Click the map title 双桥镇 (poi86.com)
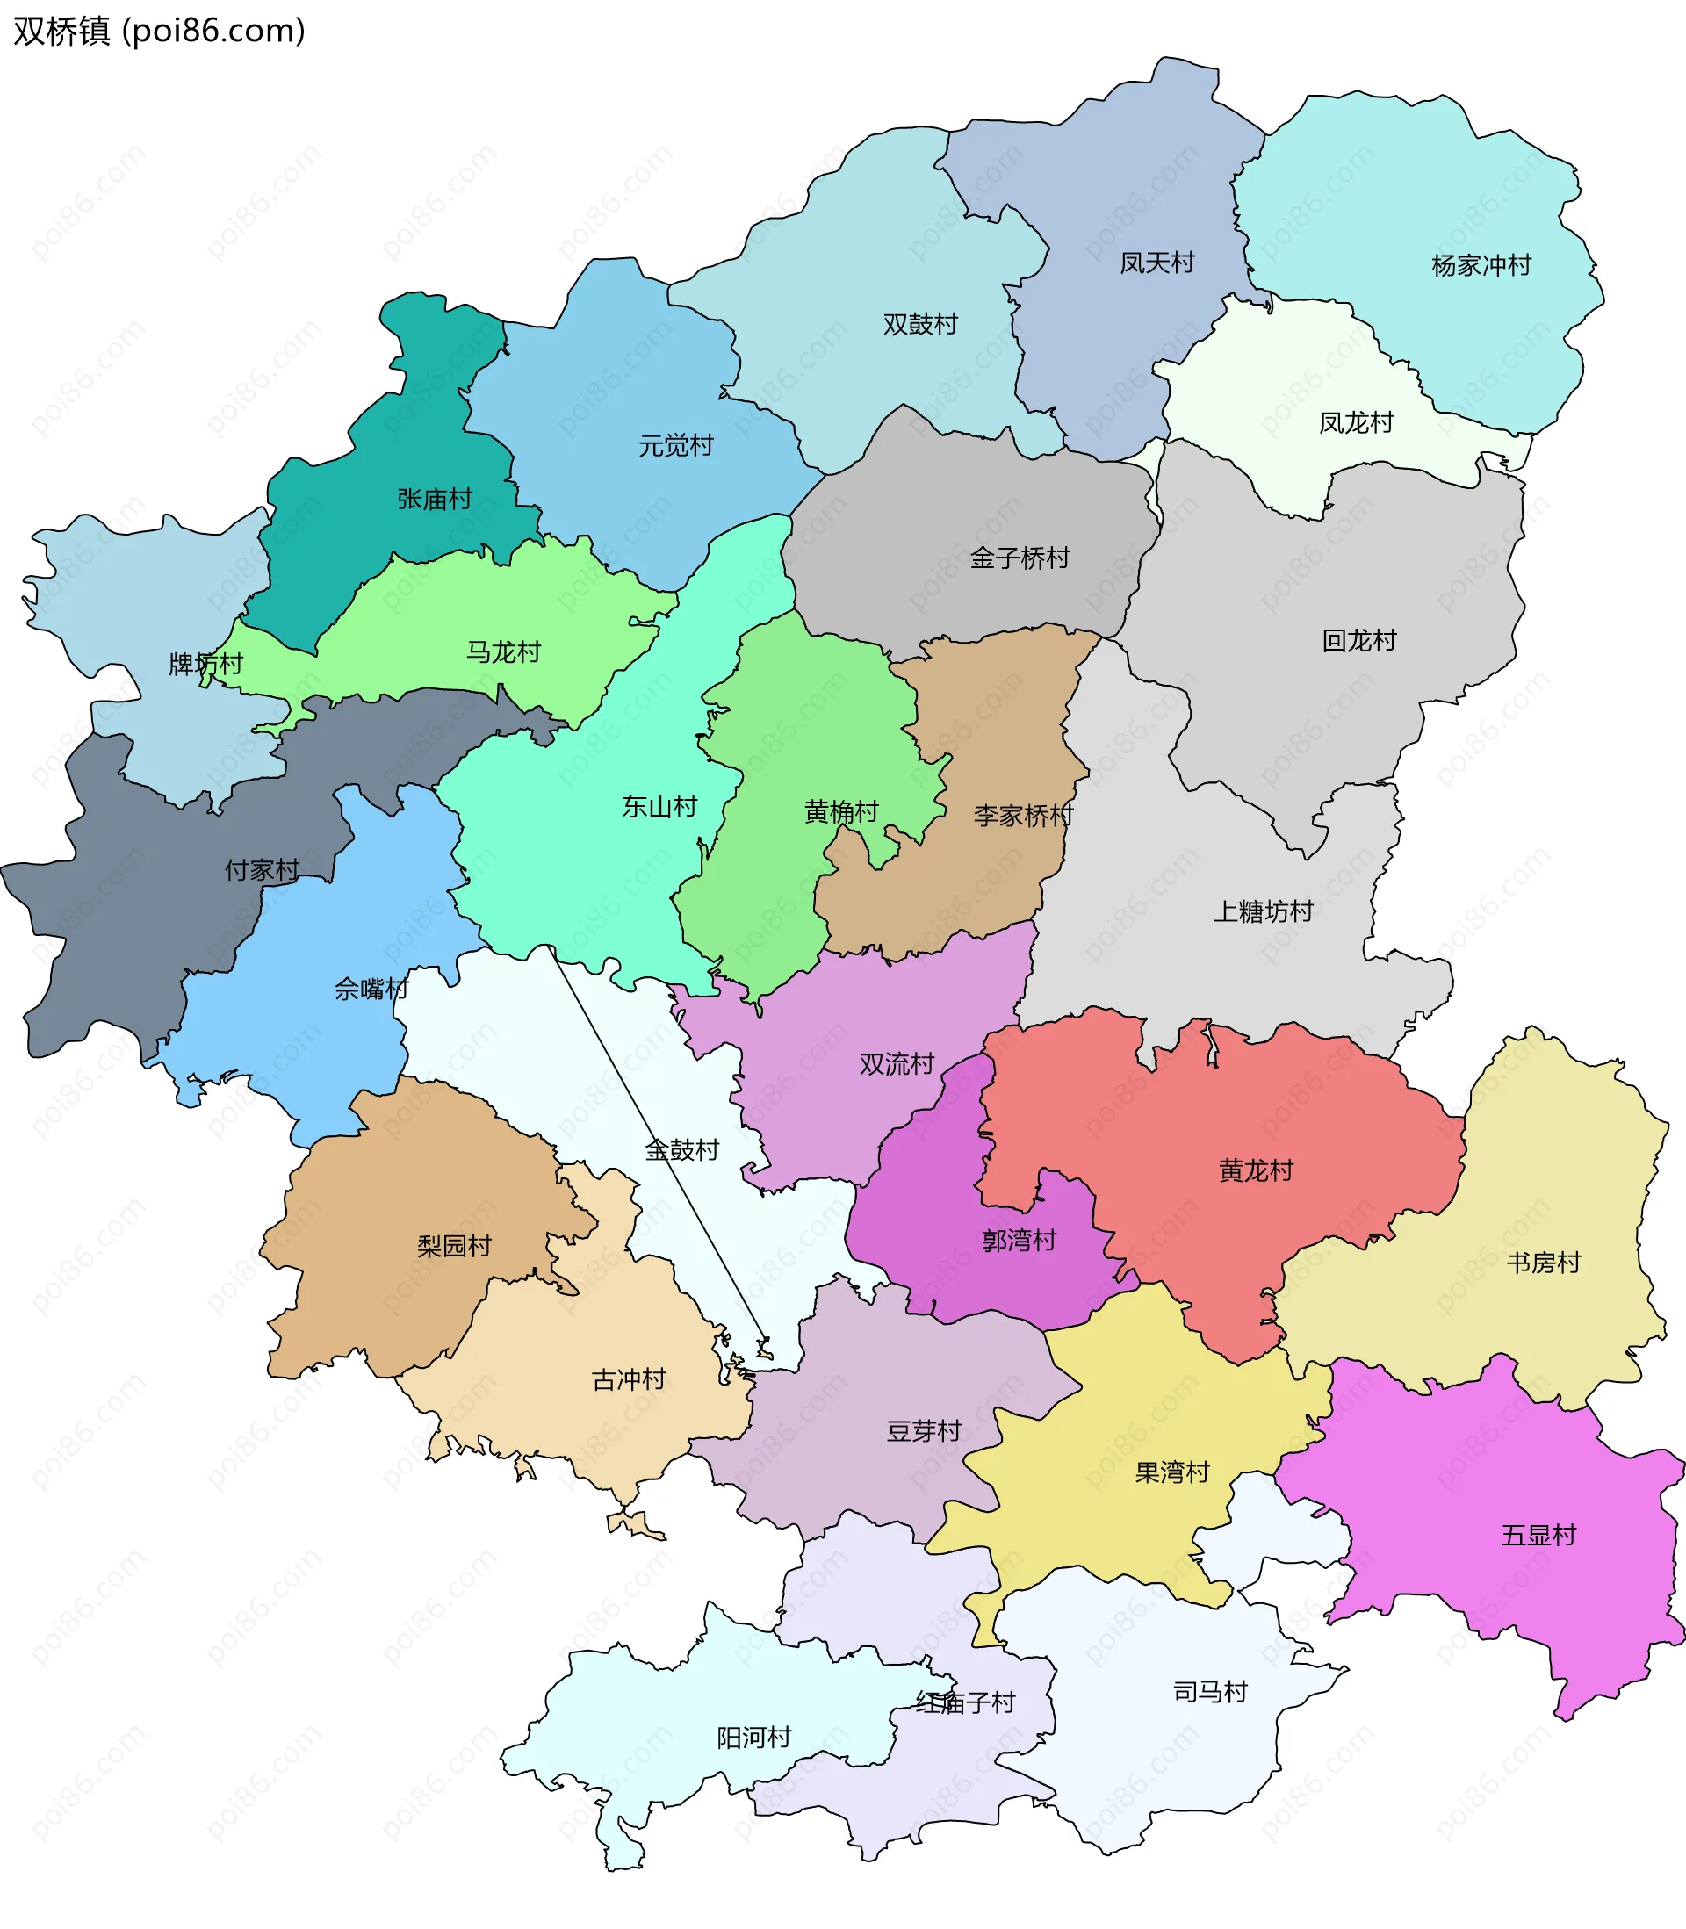click(x=158, y=31)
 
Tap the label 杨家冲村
click(x=1481, y=265)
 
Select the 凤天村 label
click(x=1156, y=263)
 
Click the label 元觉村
click(x=675, y=445)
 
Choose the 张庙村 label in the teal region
click(x=434, y=499)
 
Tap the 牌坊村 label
click(x=205, y=664)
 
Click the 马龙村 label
click(x=503, y=651)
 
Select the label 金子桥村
click(x=1020, y=558)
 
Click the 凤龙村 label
click(x=1355, y=422)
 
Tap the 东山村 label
click(x=659, y=806)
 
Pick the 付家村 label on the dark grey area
click(x=262, y=870)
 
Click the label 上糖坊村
click(x=1263, y=911)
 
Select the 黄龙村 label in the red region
click(x=1255, y=1170)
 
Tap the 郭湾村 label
click(x=1018, y=1241)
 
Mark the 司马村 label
click(x=1209, y=1692)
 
